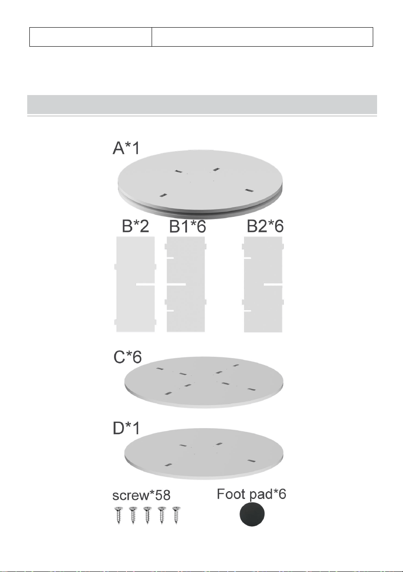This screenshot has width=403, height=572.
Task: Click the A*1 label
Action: point(127,148)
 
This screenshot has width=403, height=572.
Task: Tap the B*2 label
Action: point(135,226)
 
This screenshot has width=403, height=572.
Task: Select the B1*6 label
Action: point(187,226)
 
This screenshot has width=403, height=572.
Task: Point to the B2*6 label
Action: point(265,226)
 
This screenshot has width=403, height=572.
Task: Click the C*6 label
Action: point(127,357)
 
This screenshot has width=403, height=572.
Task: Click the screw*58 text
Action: point(141,495)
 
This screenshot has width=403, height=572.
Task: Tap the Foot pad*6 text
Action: point(251,494)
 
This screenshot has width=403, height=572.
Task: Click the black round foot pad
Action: point(252,514)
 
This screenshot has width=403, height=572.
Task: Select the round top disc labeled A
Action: point(200,184)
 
